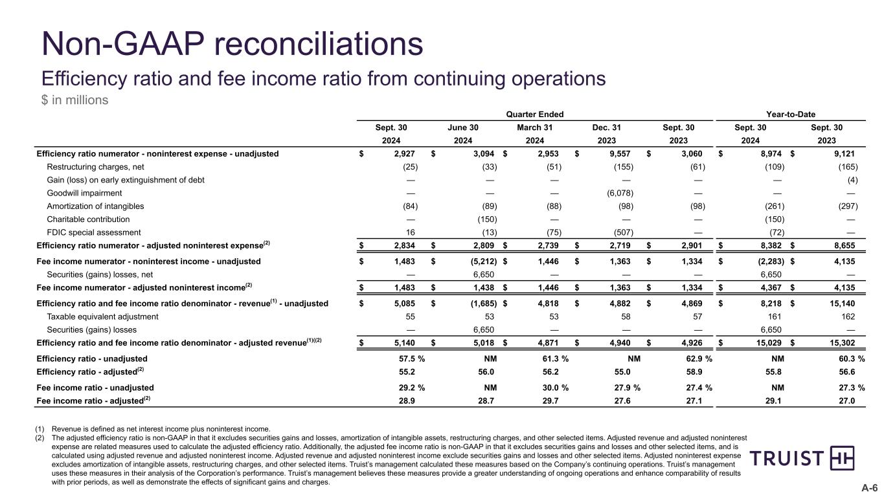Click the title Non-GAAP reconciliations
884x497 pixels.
click(x=232, y=45)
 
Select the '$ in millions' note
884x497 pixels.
click(x=74, y=100)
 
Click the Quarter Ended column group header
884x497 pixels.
click(x=535, y=115)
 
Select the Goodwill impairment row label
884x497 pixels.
click(x=84, y=193)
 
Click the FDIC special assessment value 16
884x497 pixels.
click(x=411, y=232)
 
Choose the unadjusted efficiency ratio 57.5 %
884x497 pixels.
click(x=412, y=359)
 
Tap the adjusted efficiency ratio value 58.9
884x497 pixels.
click(x=695, y=371)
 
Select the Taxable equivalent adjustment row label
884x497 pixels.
click(x=102, y=316)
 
